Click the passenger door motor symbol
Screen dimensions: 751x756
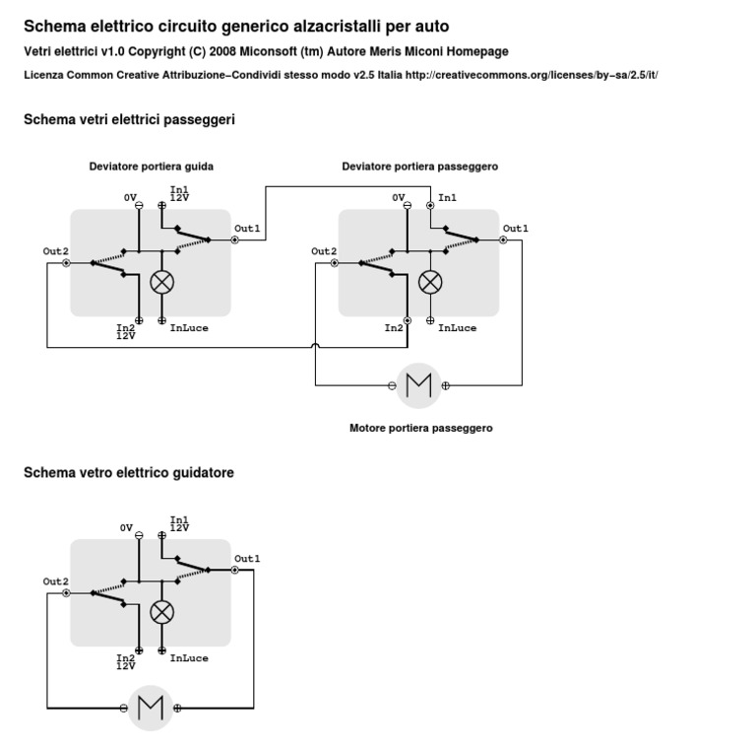[419, 384]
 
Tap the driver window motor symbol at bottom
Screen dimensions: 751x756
[151, 707]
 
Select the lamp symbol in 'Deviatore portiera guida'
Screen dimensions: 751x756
[161, 282]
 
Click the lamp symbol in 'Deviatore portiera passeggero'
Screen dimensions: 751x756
[430, 282]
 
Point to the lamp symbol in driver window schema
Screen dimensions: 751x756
[161, 612]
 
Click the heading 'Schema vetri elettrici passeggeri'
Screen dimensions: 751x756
[129, 120]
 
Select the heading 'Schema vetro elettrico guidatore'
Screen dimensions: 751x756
[129, 473]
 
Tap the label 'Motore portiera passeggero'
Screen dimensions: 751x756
[421, 429]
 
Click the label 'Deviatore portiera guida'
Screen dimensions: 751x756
[152, 167]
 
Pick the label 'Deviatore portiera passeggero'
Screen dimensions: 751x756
[420, 167]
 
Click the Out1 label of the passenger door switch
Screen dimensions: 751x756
[516, 229]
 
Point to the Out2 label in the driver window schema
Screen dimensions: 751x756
[55, 581]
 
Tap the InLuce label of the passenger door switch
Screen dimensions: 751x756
[458, 328]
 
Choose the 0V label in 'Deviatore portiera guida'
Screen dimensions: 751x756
[130, 198]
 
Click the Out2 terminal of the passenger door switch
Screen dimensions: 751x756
[334, 263]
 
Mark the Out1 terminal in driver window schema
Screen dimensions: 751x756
[234, 570]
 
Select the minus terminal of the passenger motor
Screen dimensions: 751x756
[393, 385]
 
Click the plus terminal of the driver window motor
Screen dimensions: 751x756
[177, 708]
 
